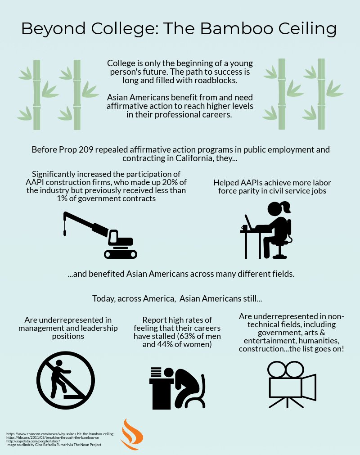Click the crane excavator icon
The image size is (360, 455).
click(x=100, y=235)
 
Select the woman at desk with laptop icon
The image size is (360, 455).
click(x=266, y=230)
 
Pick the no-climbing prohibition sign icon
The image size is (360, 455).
click(x=66, y=380)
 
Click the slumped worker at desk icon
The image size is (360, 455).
click(x=177, y=388)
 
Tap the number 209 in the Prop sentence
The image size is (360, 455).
click(x=86, y=150)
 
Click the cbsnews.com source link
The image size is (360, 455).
click(x=60, y=434)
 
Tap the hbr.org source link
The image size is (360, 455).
click(x=53, y=437)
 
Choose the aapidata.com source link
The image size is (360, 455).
click(x=33, y=441)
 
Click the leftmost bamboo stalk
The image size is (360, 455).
click(x=36, y=95)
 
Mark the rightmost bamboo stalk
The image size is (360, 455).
click(x=321, y=94)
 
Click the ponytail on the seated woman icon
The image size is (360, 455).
click(x=288, y=207)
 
